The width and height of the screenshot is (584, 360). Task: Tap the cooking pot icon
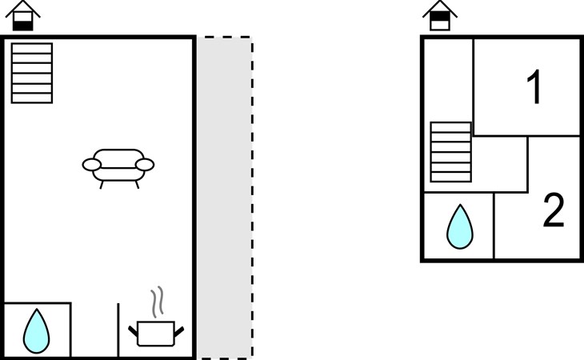[x=156, y=333]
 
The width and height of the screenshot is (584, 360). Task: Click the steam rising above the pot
[x=158, y=302]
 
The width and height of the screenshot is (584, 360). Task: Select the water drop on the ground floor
[x=37, y=331]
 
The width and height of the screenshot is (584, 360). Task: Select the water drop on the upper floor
[x=460, y=226]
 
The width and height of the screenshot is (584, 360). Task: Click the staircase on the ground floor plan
[x=32, y=73]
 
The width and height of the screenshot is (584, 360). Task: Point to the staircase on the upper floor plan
[x=451, y=152]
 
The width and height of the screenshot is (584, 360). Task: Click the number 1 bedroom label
[x=535, y=86]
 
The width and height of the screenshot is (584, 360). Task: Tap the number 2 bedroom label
[x=554, y=210]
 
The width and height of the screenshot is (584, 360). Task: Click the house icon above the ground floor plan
[x=22, y=16]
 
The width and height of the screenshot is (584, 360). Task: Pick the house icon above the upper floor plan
[x=440, y=16]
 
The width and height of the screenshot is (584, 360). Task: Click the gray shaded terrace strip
[x=225, y=198]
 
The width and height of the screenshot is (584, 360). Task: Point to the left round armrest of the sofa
[x=92, y=165]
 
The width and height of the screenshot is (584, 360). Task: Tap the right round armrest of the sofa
[x=145, y=165]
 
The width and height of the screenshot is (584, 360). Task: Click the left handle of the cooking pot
[x=133, y=330]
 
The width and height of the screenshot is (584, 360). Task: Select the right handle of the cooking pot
[x=179, y=332]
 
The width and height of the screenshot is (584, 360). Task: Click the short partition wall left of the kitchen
[x=118, y=330]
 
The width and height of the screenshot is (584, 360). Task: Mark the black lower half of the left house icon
[x=22, y=26]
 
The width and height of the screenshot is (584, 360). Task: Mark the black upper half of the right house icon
[x=440, y=16]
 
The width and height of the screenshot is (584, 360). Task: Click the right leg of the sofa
[x=137, y=185]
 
